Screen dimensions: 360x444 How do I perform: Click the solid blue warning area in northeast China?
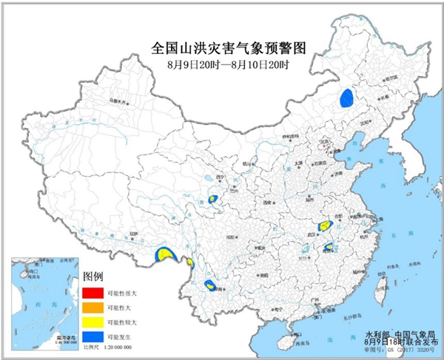point(346,98)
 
